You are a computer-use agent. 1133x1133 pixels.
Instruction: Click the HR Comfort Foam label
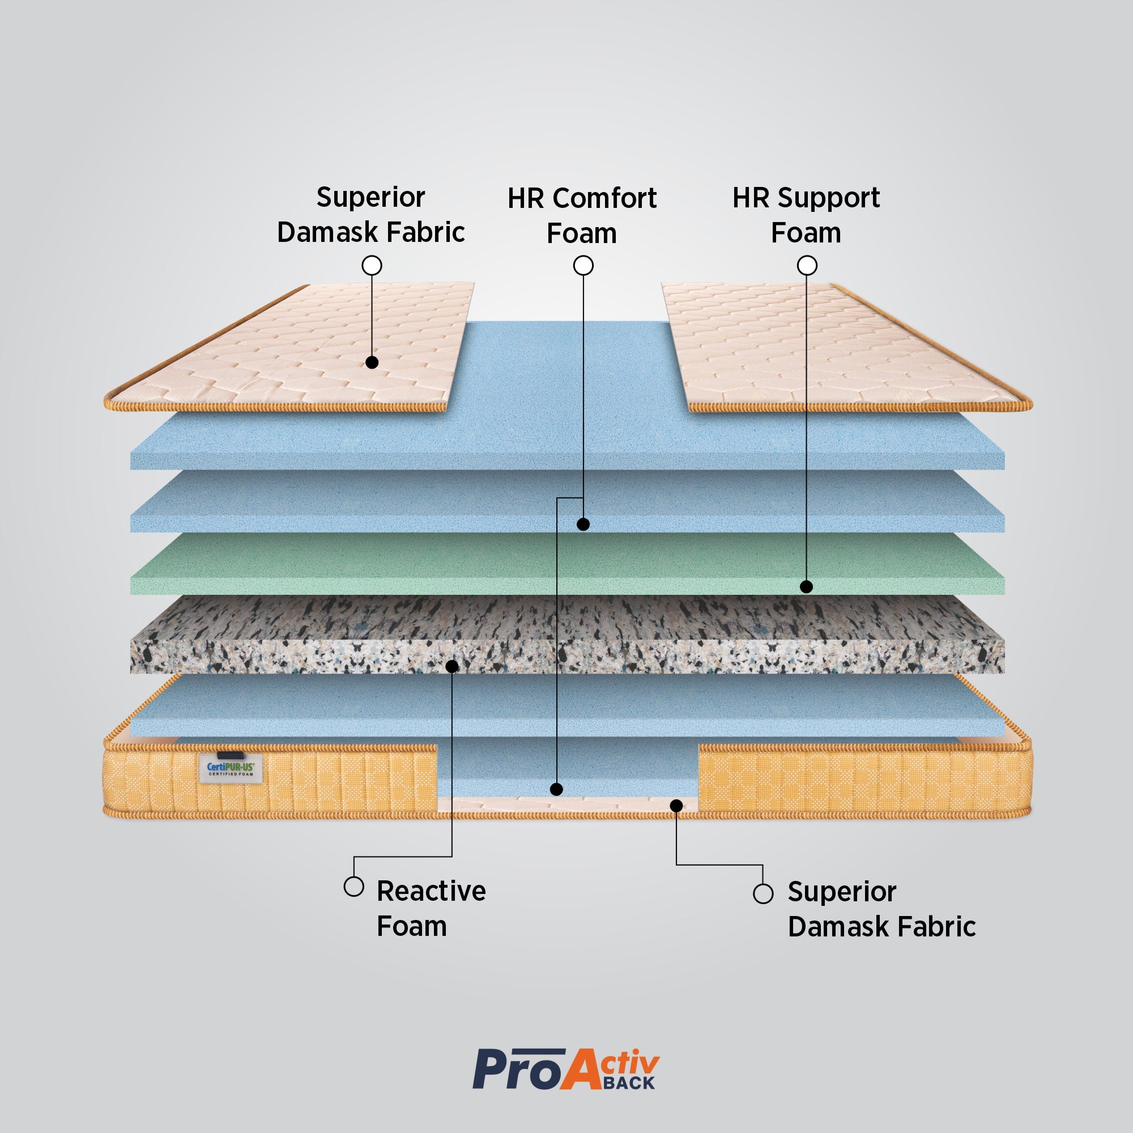(x=582, y=215)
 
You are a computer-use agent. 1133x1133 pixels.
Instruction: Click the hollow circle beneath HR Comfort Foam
(x=583, y=266)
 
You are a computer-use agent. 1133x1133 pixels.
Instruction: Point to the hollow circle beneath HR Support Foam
(x=807, y=266)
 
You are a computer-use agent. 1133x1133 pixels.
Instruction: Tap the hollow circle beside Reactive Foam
(x=353, y=886)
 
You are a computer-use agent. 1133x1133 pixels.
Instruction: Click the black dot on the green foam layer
(x=806, y=586)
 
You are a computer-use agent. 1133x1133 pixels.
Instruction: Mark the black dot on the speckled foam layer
(x=452, y=666)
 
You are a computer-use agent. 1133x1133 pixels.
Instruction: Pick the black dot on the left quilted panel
(x=372, y=363)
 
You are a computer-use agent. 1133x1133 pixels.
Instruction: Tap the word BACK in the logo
(x=628, y=1083)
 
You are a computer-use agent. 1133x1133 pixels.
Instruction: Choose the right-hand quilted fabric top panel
(x=833, y=346)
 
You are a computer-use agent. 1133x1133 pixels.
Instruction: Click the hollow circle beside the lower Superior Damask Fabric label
(x=763, y=894)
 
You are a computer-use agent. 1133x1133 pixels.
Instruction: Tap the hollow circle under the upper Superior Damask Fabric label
(x=372, y=266)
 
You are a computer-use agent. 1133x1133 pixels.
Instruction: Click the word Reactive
(x=431, y=891)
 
